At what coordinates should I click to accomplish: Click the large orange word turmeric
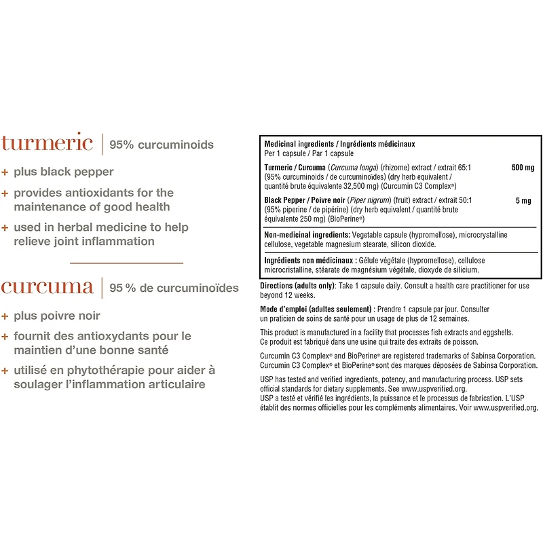(47, 143)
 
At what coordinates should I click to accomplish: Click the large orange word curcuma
(47, 287)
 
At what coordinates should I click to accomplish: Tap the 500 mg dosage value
(523, 167)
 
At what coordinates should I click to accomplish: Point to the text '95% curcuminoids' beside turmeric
(162, 145)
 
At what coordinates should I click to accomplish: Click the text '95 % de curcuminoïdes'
(174, 288)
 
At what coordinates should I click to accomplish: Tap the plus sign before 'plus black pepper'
(5, 172)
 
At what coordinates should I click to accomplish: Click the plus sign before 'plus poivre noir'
(5, 316)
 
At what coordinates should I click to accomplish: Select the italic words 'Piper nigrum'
(370, 200)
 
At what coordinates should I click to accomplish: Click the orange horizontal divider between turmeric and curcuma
(127, 262)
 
